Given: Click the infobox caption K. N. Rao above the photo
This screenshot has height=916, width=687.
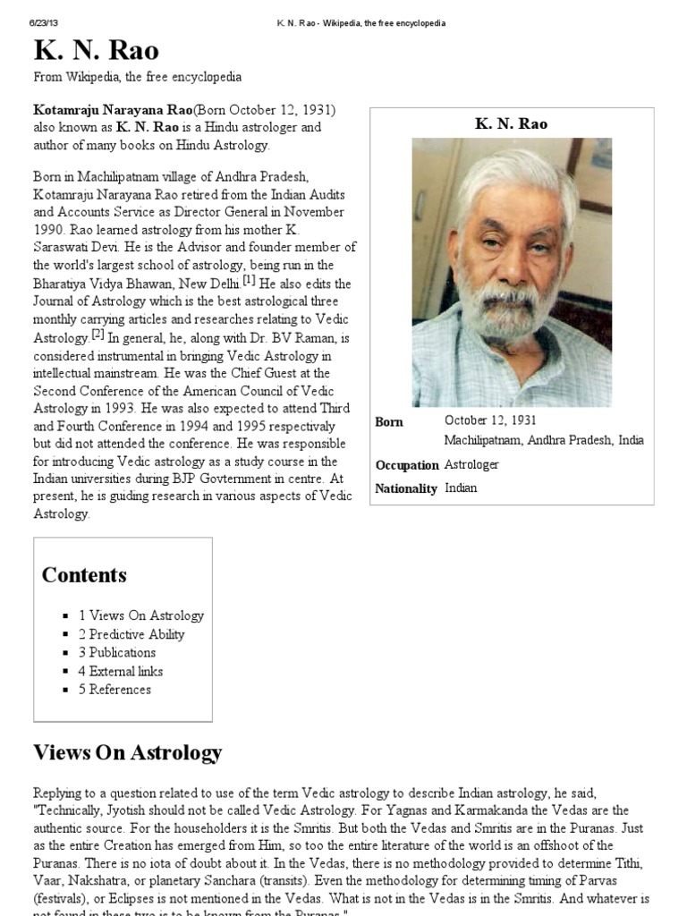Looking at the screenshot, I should point(512,123).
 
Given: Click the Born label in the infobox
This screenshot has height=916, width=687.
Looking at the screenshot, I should point(389,422).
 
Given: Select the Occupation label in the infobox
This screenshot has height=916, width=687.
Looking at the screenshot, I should point(407,465).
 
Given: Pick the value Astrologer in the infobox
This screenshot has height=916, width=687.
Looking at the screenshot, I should point(471,465).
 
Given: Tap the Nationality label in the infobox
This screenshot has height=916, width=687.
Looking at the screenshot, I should point(407,488).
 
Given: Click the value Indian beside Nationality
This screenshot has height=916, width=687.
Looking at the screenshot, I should point(461,488).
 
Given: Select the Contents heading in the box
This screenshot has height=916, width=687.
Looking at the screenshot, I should point(84,575).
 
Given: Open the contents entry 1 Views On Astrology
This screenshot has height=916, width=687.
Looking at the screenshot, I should point(140,615).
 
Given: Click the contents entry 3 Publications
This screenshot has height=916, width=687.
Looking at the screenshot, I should point(116,652).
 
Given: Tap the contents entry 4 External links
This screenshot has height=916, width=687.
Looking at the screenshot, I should point(120,671).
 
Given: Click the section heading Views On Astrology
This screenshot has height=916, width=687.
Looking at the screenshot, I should point(127,752).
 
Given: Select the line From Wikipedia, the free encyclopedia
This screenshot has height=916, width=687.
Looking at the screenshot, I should point(137,78).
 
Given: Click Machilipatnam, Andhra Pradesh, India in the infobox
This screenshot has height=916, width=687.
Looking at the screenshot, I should point(543,441).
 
